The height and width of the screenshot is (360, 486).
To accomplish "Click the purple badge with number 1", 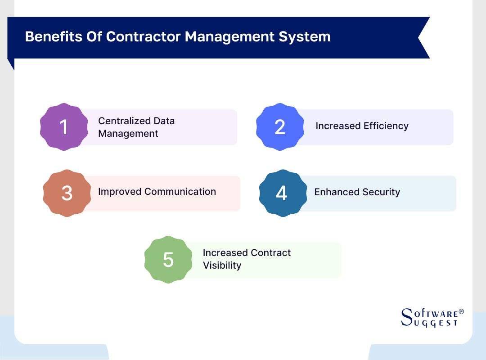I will (64, 127).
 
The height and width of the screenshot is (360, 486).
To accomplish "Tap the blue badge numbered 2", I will (280, 127).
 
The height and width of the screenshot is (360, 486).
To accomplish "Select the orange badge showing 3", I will (67, 193).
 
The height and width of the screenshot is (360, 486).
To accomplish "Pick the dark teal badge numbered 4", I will (282, 193).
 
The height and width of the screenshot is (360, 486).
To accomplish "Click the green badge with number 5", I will (168, 260).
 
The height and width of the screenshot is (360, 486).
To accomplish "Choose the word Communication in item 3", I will (180, 192).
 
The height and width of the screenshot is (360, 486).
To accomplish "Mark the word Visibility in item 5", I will (222, 265).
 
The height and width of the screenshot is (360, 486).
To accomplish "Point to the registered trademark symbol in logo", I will (461, 311).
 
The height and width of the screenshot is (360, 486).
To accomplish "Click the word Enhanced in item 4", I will (333, 192).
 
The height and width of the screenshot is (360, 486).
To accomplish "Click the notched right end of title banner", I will (423, 38).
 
